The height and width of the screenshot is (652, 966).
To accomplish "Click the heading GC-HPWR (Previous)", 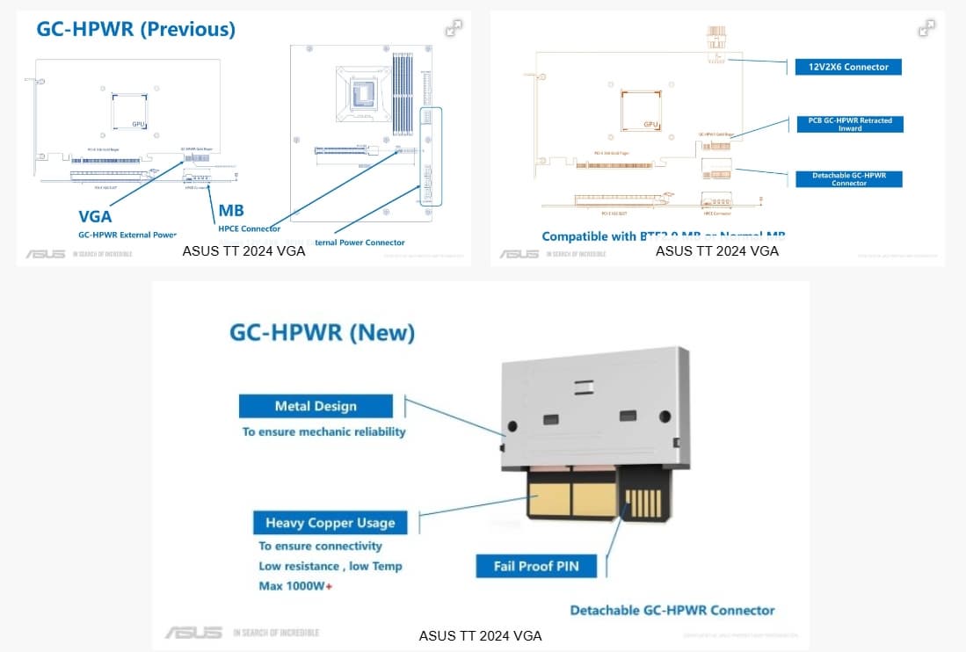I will click(x=135, y=29).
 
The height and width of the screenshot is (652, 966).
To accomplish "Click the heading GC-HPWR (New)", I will click(x=322, y=333).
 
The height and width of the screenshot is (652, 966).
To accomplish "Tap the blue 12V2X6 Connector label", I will click(x=847, y=67).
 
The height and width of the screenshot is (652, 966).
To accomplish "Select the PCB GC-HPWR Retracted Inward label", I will click(x=849, y=125).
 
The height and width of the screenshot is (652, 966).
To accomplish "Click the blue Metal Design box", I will click(x=316, y=406).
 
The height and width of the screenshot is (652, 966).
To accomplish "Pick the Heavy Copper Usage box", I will click(x=330, y=523).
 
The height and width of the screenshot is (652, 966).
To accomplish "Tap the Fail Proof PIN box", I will click(x=536, y=566).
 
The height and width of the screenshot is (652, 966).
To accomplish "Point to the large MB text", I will click(x=231, y=211).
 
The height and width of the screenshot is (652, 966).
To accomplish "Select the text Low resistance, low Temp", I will click(x=330, y=566).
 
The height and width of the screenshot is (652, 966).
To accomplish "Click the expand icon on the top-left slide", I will click(x=454, y=28).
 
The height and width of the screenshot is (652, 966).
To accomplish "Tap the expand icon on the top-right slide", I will click(x=926, y=28).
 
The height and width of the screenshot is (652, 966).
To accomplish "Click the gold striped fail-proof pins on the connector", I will click(x=643, y=503).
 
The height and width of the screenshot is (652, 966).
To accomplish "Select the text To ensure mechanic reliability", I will click(x=324, y=431).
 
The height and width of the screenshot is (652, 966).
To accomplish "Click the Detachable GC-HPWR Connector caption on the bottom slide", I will click(x=672, y=610).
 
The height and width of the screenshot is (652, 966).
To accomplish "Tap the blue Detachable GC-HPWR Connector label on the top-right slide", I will click(x=849, y=179).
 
